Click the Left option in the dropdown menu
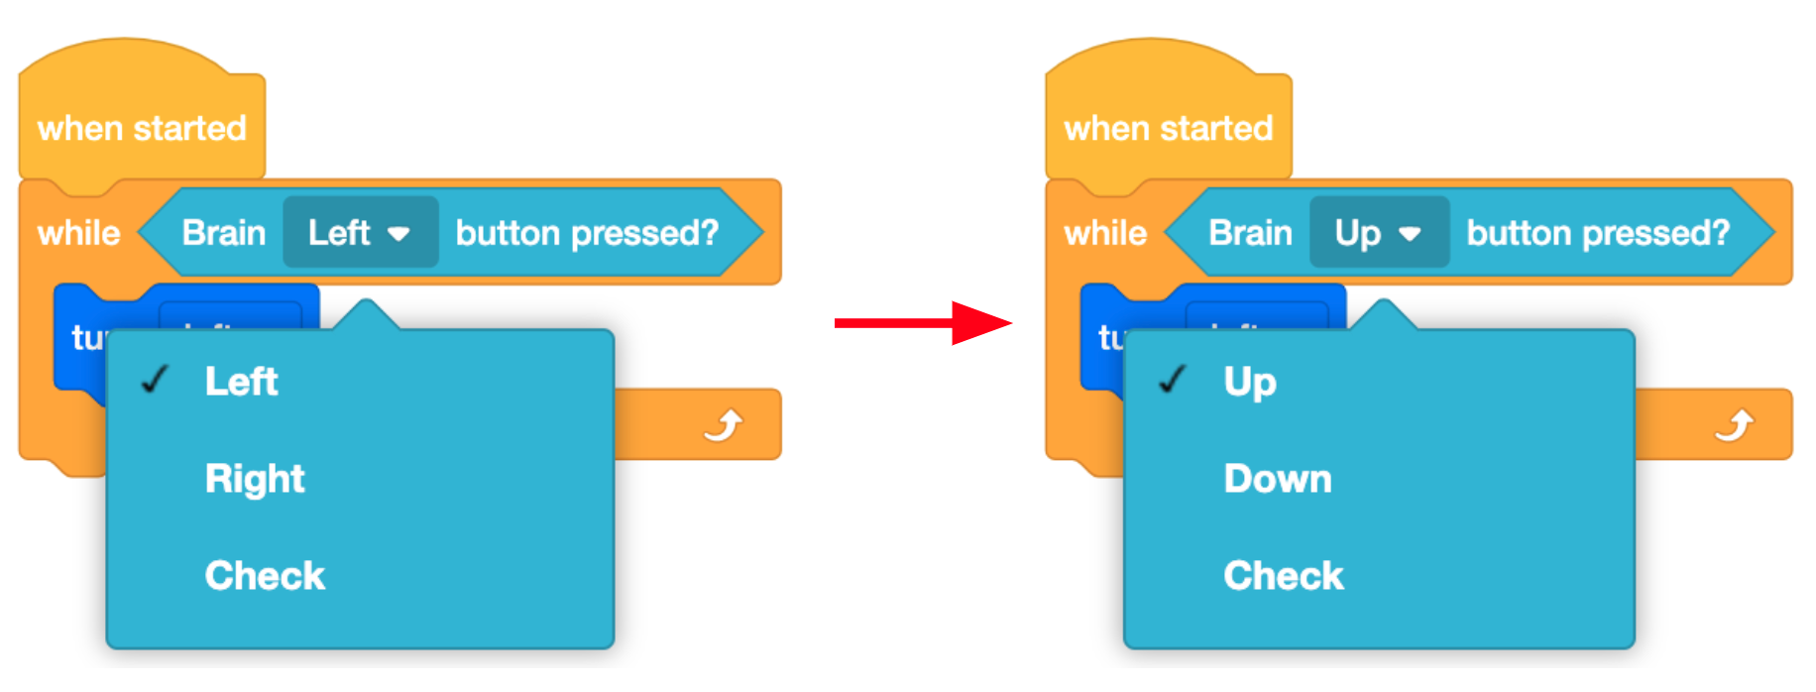(241, 382)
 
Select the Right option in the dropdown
(255, 479)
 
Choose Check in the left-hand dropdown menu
(265, 576)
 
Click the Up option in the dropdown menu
(1250, 382)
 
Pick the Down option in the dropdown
(1278, 479)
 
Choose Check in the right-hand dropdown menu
(1284, 576)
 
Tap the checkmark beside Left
(156, 380)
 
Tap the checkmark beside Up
(1174, 380)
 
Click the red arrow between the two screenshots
(922, 322)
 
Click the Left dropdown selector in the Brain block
(360, 233)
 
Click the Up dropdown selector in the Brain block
(1379, 233)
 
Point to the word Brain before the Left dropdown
(224, 233)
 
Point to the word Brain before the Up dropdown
(1250, 233)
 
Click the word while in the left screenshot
(78, 233)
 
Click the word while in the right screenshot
(1105, 233)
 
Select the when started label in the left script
(142, 129)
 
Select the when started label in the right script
(1168, 129)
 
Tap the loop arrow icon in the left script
(724, 425)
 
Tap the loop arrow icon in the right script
(1735, 425)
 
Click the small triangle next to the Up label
(1410, 235)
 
